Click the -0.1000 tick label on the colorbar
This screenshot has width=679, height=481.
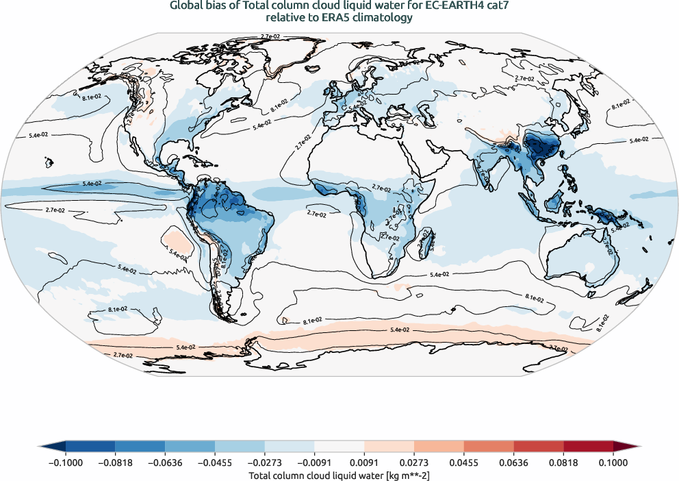coord(66,463)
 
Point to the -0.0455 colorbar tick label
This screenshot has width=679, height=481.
coord(215,463)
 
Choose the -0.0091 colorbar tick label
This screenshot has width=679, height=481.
coord(314,463)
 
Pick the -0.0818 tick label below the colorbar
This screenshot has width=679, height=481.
coord(116,463)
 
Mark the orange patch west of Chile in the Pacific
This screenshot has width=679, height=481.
coord(177,239)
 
